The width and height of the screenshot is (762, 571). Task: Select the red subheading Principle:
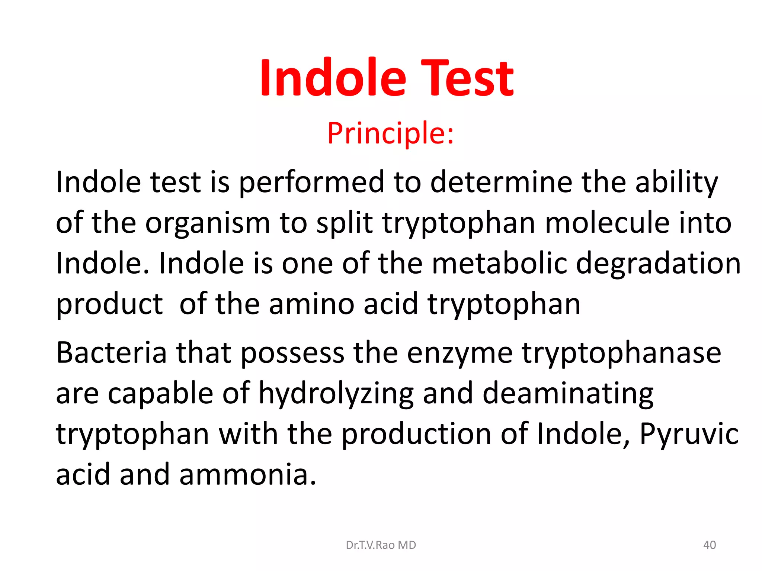click(391, 133)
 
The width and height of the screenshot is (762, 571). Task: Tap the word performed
click(311, 182)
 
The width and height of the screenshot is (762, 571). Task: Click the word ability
click(676, 182)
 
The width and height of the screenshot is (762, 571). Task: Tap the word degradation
click(658, 263)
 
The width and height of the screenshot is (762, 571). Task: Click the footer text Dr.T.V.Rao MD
click(381, 545)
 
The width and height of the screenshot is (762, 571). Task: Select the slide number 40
click(710, 545)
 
